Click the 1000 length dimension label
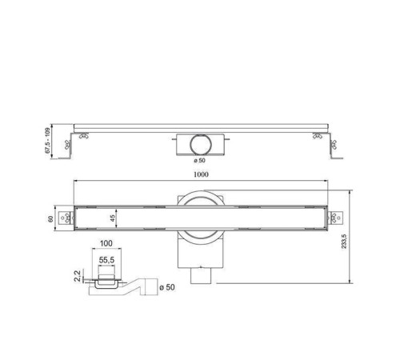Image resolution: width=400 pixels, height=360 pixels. point(201,174)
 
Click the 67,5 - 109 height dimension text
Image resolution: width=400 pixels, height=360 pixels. point(50,141)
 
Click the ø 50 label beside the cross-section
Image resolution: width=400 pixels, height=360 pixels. point(167,286)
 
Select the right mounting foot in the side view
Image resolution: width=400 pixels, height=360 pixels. point(333,147)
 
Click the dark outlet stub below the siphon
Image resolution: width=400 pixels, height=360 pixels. point(200,276)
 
